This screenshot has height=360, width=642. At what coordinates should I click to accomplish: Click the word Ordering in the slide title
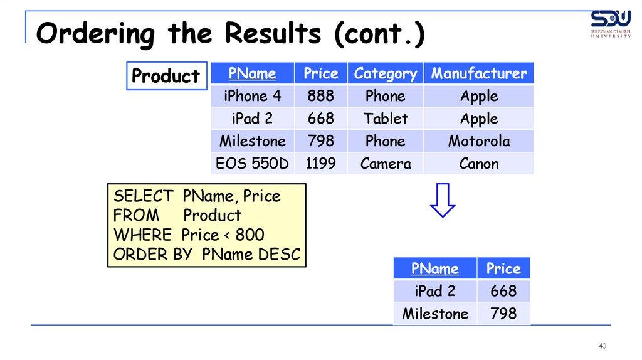click(95, 34)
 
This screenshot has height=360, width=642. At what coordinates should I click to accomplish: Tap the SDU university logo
click(611, 24)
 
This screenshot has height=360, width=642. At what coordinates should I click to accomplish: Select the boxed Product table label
click(167, 76)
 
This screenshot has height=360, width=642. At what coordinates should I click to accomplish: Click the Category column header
click(386, 74)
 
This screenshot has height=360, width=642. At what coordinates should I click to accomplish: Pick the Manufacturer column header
click(478, 74)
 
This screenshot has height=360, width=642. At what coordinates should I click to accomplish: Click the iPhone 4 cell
click(252, 96)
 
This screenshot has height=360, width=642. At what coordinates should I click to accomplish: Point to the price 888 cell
click(320, 96)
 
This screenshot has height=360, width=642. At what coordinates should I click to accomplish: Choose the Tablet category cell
click(386, 119)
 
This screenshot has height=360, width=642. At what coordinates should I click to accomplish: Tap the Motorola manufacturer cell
click(478, 141)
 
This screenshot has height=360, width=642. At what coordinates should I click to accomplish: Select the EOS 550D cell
click(252, 164)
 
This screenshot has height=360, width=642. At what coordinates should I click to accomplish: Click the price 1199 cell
click(320, 164)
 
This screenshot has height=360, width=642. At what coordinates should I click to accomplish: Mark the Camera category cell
click(386, 164)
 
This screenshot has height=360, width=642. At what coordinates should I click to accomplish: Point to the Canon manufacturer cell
click(478, 164)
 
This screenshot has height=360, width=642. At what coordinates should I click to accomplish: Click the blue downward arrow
click(443, 200)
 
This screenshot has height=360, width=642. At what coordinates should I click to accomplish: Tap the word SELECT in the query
click(144, 196)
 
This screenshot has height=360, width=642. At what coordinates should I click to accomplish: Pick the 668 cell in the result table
click(503, 291)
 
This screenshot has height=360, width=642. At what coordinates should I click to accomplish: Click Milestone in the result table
click(435, 314)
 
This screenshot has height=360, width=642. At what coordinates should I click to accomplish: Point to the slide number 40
click(603, 346)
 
